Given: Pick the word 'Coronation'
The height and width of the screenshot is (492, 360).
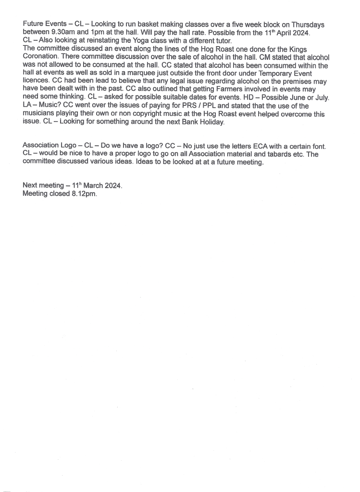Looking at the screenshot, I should click(x=41, y=57).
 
